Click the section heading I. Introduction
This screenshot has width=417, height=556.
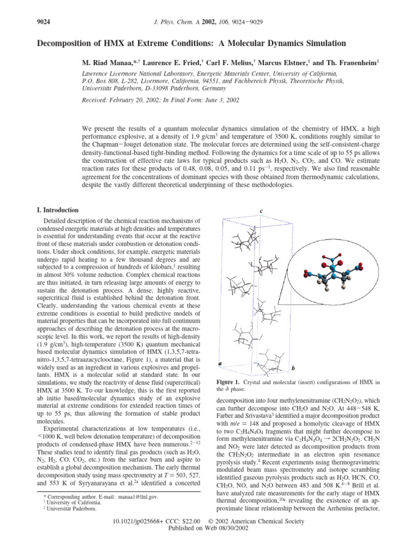click(x=54, y=210)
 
